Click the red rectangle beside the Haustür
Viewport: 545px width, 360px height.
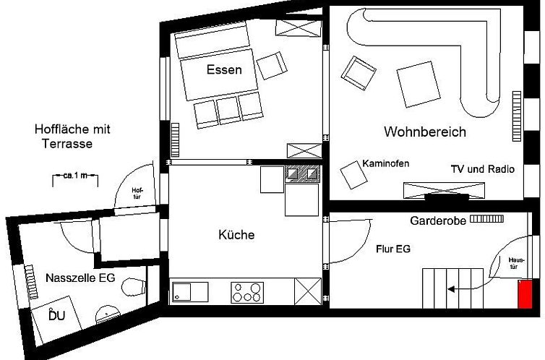click(x=525, y=295)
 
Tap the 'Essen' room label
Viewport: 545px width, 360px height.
click(x=223, y=71)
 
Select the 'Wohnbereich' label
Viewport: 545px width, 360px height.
click(x=424, y=132)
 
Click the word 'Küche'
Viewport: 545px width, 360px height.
click(x=236, y=235)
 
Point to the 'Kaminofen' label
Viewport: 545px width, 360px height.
click(x=386, y=164)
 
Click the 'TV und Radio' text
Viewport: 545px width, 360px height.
click(x=481, y=169)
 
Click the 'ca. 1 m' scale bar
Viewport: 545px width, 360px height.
click(x=75, y=176)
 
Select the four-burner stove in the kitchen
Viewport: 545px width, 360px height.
click(x=246, y=293)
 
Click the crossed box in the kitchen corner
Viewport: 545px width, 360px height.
click(x=307, y=292)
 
